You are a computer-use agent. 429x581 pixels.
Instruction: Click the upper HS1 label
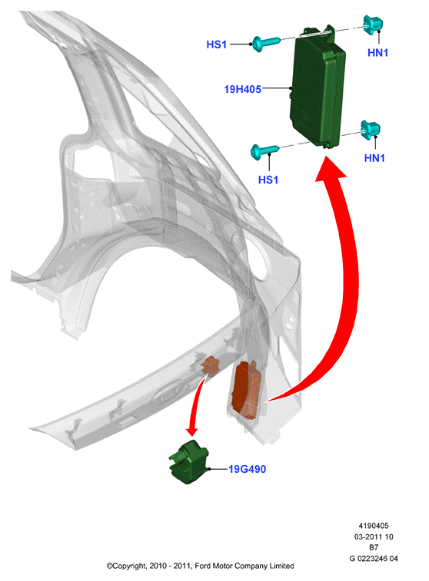click(216, 45)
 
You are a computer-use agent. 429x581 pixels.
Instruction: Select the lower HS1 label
click(268, 180)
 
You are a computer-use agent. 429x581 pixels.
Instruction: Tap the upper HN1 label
click(377, 53)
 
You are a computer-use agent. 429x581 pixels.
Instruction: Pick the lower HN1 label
click(374, 158)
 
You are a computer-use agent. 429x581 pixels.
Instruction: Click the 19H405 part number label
click(243, 89)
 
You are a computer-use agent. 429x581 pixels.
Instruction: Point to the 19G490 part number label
click(247, 469)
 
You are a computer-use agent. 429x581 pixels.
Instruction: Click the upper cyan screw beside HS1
click(266, 43)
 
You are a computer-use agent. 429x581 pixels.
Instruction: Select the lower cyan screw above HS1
click(264, 152)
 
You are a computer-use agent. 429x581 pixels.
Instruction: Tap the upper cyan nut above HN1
click(373, 25)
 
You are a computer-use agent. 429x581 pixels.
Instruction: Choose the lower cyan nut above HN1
click(371, 130)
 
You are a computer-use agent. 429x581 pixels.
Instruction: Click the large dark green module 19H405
click(318, 87)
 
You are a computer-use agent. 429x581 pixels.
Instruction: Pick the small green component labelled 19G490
click(188, 462)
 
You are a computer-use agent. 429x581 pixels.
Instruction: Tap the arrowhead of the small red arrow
click(192, 431)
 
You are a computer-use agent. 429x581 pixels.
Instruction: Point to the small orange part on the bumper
click(210, 366)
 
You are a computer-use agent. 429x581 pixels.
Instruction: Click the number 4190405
click(374, 526)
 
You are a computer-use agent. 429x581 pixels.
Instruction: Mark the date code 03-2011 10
click(374, 536)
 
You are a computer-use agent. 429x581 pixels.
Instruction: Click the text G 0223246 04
click(374, 559)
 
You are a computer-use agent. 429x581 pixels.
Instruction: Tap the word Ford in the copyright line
click(203, 566)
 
